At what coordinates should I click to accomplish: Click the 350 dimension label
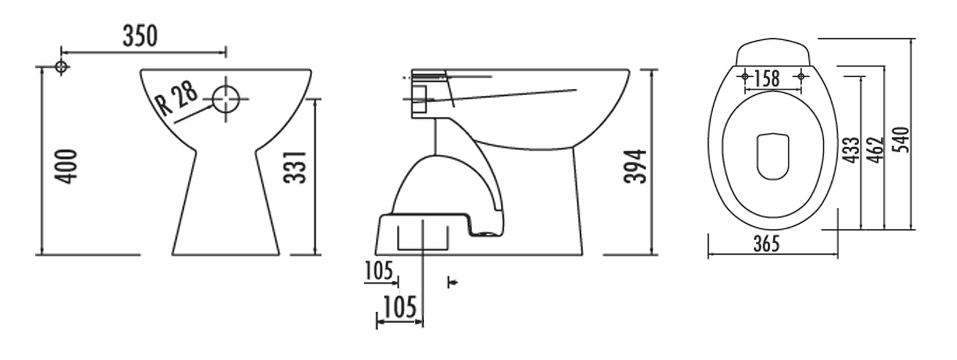click(140, 36)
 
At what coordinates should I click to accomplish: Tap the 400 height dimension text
click(66, 167)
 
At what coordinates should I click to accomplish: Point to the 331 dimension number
click(295, 167)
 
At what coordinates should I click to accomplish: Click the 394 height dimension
click(635, 167)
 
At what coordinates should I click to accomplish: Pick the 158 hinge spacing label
click(766, 79)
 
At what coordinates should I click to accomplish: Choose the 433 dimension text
click(850, 149)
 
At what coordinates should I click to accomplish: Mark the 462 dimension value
click(875, 149)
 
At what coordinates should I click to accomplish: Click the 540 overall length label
click(901, 139)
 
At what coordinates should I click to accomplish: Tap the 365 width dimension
click(766, 244)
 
